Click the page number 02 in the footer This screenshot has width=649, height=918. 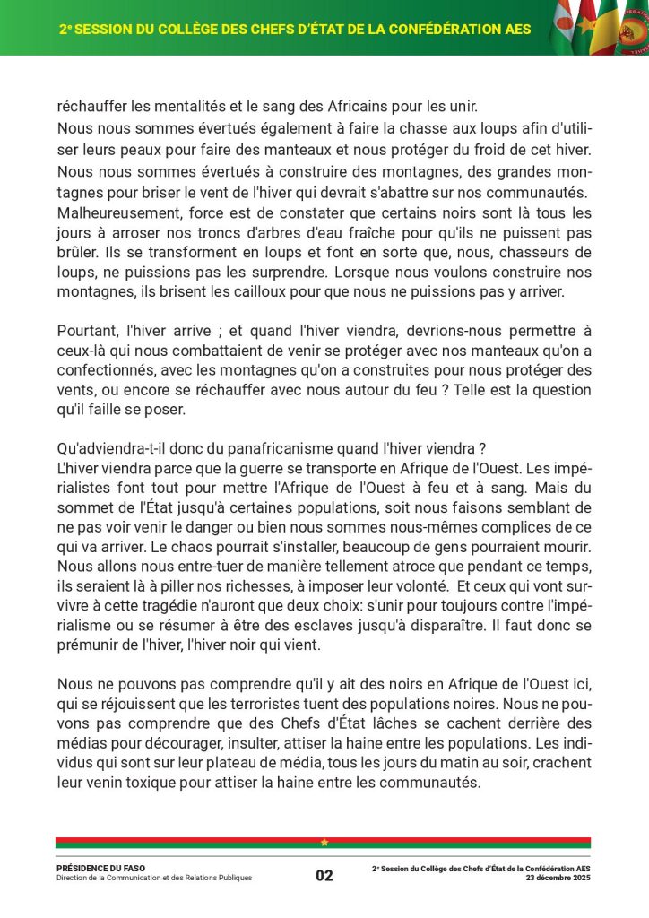pyautogui.click(x=324, y=876)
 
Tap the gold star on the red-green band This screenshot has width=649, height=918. pyautogui.click(x=324, y=842)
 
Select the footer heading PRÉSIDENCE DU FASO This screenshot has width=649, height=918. pyautogui.click(x=100, y=868)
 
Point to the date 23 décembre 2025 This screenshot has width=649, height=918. pyautogui.click(x=558, y=878)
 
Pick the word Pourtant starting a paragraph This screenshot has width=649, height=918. pyautogui.click(x=86, y=329)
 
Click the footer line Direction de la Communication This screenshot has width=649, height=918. pyautogui.click(x=154, y=879)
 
